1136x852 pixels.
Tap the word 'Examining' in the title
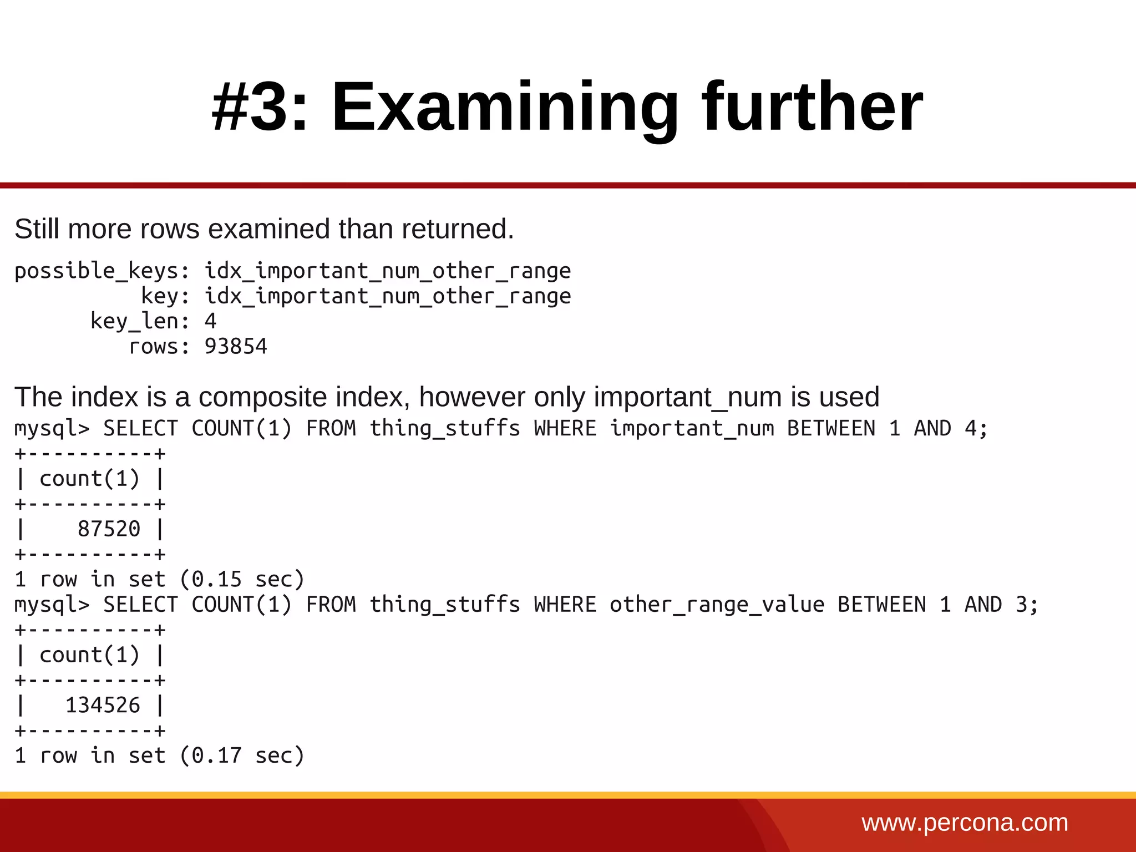pos(504,108)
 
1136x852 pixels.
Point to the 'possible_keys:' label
pos(102,271)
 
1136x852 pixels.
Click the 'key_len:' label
pos(140,321)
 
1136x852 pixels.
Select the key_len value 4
pos(210,321)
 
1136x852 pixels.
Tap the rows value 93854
pos(236,347)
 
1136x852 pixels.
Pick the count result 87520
pos(109,529)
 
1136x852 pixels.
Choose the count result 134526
pos(103,706)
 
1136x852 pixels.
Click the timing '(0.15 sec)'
pos(242,580)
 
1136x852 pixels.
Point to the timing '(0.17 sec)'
pos(242,755)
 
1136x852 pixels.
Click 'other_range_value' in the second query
pos(717,605)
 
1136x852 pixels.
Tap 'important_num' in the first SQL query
pos(692,429)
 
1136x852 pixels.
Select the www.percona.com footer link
pos(965,823)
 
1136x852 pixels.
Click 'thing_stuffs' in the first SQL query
pos(445,429)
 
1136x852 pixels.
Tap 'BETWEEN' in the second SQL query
pos(881,605)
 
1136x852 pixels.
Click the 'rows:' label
pos(159,347)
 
